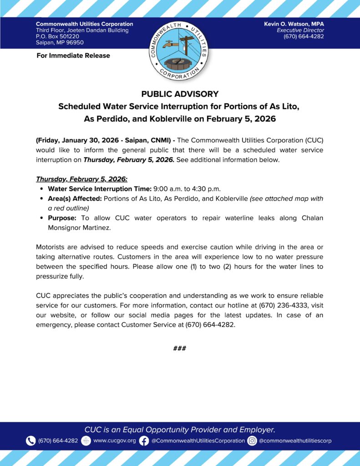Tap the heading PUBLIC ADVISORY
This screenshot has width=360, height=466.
[x=180, y=94]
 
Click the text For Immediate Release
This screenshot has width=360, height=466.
[x=73, y=56]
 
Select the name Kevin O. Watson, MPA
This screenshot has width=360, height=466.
[x=294, y=24]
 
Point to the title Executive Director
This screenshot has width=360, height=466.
[x=300, y=30]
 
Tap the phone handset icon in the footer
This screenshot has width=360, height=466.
[x=30, y=441]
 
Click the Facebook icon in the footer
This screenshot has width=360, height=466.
[x=144, y=441]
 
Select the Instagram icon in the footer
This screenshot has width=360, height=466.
[x=252, y=441]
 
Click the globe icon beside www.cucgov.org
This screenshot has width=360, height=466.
[x=86, y=441]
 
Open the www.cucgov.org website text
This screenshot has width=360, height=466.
[x=114, y=441]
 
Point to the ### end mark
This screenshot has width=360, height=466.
[x=180, y=349]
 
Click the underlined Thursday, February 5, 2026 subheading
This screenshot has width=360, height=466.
[x=81, y=179]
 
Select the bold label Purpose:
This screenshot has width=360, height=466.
[x=62, y=218]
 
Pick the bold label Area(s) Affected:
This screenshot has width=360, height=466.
[x=75, y=198]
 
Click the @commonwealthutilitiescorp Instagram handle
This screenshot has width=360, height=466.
[x=295, y=441]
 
